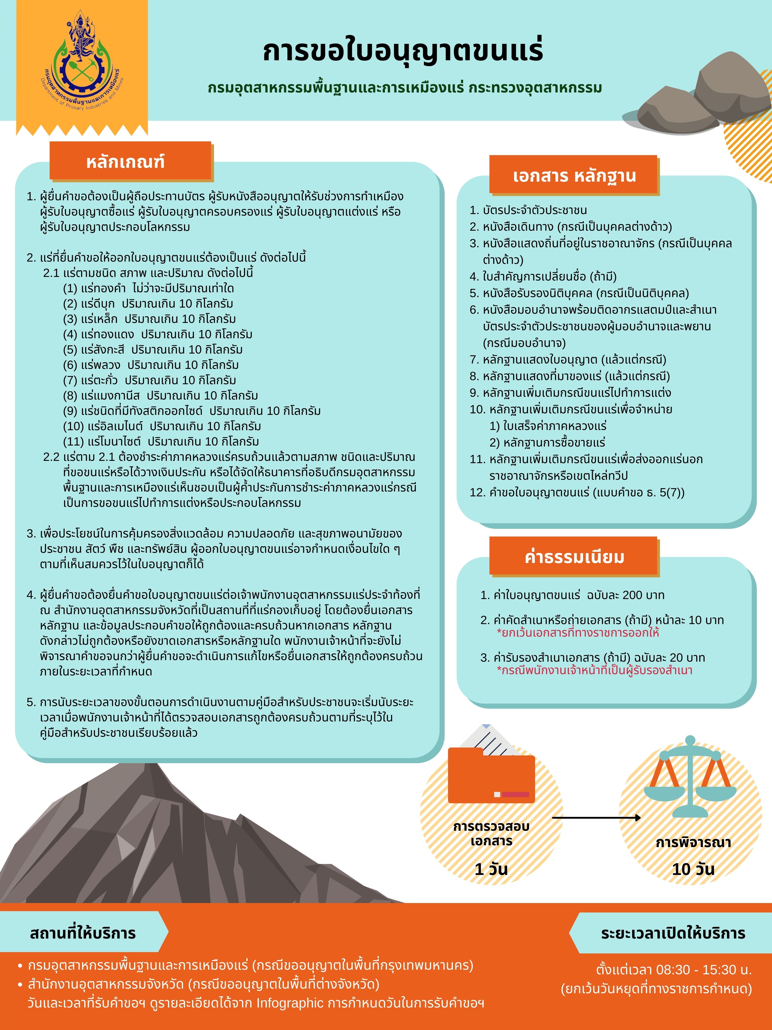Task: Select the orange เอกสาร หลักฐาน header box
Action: pos(573,175)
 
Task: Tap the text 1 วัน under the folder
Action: pos(491,869)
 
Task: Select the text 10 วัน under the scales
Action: pos(692,869)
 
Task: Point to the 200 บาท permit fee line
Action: pos(572,595)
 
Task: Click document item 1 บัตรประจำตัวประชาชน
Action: pos(528,210)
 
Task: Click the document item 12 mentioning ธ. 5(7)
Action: pos(577,493)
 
